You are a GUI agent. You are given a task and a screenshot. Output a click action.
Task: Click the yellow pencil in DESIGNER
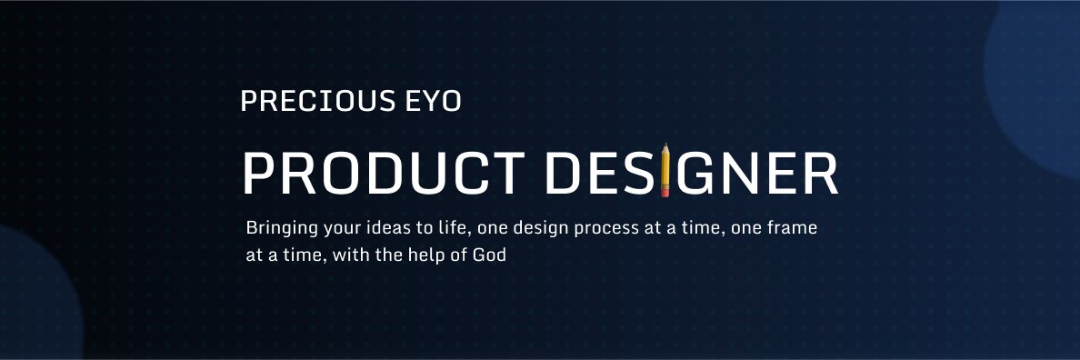(665, 170)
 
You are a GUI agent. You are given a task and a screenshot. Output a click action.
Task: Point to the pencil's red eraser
(665, 193)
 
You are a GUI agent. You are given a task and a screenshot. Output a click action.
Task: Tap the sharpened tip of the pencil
(665, 145)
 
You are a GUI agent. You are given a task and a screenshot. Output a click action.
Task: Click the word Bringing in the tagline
(275, 228)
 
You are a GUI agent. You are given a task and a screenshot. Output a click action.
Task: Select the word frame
(795, 227)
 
